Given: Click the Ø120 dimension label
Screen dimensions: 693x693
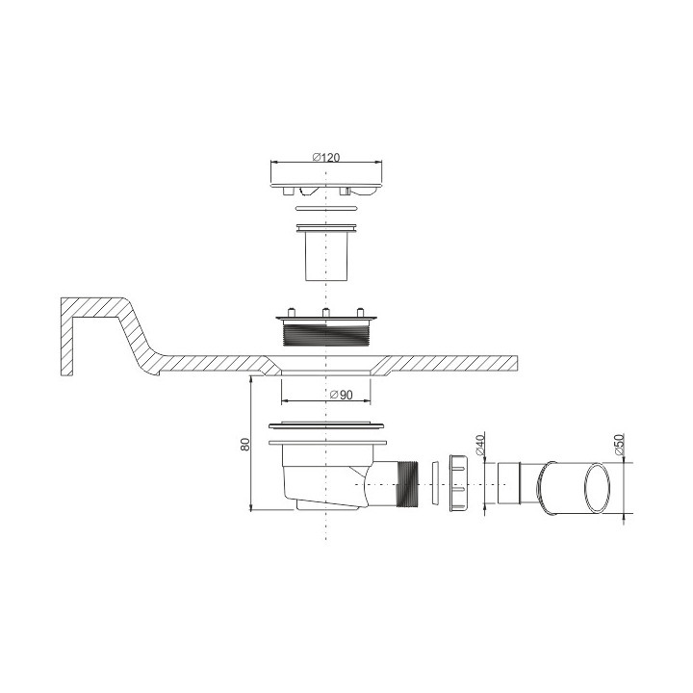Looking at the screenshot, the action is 326,157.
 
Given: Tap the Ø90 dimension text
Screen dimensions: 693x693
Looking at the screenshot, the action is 342,395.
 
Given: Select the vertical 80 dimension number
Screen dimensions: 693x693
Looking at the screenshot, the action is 245,444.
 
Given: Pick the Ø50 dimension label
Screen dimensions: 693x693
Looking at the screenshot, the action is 619,445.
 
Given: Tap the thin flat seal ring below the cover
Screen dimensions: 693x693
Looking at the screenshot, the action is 326,207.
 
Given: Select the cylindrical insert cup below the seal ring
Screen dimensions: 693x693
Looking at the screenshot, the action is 326,252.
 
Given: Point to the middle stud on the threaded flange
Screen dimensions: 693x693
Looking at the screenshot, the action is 325,312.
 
